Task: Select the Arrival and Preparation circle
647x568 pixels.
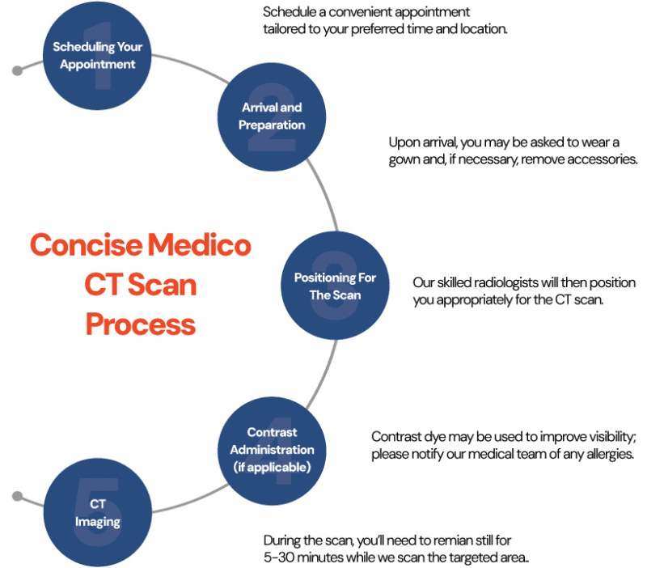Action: tap(273, 117)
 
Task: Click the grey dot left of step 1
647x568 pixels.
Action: tap(17, 71)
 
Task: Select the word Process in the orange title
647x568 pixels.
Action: tap(141, 324)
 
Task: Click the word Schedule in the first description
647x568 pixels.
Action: tap(290, 14)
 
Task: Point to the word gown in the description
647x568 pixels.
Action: tap(404, 159)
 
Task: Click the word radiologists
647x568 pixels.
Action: tap(513, 283)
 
